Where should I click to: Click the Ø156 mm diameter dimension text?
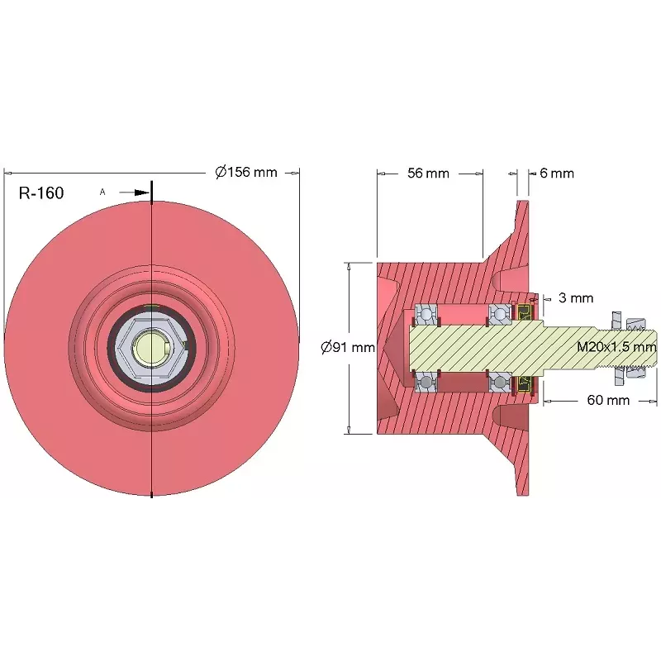point(246,172)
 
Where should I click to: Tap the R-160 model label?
point(41,193)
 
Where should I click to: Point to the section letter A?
point(102,192)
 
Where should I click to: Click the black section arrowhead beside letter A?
point(142,193)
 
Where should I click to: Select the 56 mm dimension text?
point(428,174)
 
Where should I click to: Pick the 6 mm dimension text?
point(557,174)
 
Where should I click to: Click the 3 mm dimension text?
point(576,298)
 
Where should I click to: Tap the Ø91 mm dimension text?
point(348,347)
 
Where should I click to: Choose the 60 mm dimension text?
point(608,400)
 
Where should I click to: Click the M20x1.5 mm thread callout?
point(616,347)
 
